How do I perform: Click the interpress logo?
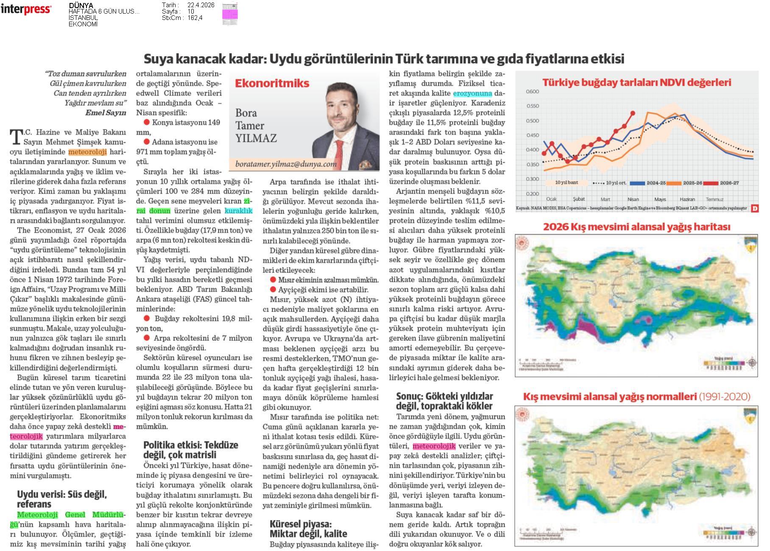tap(26, 9)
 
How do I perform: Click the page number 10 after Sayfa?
tap(191, 11)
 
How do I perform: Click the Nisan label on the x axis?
tap(633, 199)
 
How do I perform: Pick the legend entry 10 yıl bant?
tap(566, 183)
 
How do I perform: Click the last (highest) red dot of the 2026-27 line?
tap(633, 113)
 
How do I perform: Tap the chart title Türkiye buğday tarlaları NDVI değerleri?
tap(636, 82)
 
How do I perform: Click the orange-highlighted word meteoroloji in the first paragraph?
tap(87, 152)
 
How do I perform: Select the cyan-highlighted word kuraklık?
tap(238, 211)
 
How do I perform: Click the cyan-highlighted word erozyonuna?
tap(472, 93)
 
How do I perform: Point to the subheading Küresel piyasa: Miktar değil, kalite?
tap(308, 529)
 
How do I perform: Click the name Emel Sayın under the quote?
tap(106, 112)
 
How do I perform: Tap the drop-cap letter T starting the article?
tap(16, 137)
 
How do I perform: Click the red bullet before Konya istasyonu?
tap(147, 122)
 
